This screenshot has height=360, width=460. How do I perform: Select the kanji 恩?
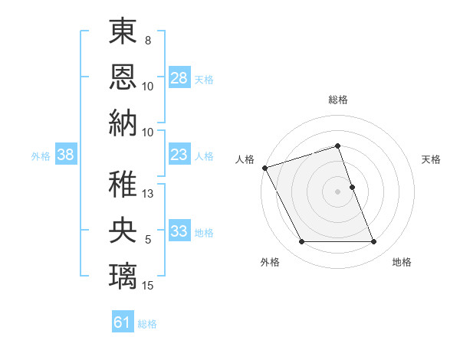123,76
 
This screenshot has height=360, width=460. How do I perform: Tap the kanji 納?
123,122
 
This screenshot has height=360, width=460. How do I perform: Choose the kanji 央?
123,230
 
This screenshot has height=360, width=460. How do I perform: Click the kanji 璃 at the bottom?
123,274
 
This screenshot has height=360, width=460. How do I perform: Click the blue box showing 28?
179,78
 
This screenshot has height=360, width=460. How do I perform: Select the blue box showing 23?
179,155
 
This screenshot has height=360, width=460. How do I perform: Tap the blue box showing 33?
179,231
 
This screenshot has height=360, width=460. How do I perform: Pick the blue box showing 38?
66,155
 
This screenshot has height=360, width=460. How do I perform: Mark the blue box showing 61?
123,322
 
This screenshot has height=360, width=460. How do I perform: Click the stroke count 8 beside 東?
148,40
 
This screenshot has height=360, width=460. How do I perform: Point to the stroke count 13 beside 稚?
149,194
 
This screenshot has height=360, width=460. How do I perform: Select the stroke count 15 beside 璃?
149,285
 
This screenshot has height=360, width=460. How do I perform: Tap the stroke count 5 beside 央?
148,240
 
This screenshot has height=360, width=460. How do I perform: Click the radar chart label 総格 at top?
338,100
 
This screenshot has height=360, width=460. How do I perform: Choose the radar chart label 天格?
431,159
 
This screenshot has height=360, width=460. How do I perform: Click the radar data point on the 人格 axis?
264,167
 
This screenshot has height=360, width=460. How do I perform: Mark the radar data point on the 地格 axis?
374,242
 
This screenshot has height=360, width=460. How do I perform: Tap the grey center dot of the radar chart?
338,191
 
